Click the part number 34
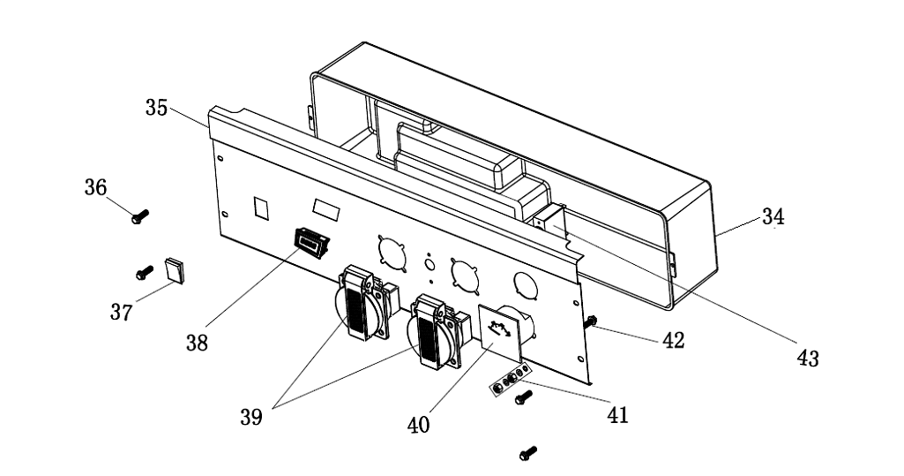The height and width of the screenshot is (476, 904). [x=773, y=216]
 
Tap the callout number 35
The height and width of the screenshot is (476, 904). [x=156, y=109]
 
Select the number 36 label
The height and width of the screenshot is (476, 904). [x=95, y=188]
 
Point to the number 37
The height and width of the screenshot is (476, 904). [x=121, y=312]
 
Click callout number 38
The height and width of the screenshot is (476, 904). [x=197, y=343]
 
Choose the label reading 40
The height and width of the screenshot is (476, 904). [x=419, y=424]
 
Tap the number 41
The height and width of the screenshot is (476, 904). [x=617, y=413]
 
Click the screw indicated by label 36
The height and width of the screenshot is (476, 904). [x=139, y=215]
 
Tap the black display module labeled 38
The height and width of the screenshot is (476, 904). [x=310, y=239]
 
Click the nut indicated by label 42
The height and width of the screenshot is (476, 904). [x=592, y=323]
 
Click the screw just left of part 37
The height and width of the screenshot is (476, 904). [x=144, y=273]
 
